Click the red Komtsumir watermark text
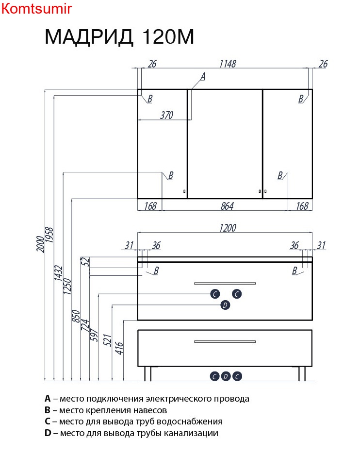point(37,9)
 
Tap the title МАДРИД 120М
point(119,37)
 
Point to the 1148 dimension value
point(227,64)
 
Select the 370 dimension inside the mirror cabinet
point(166,115)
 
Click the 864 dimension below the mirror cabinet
point(227,206)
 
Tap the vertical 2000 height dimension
point(41,241)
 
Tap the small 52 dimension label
point(86,261)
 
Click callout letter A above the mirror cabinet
point(203,76)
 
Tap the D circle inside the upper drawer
point(225,305)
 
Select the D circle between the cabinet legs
point(226,376)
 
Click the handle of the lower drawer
point(225,341)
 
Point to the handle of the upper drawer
point(225,283)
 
